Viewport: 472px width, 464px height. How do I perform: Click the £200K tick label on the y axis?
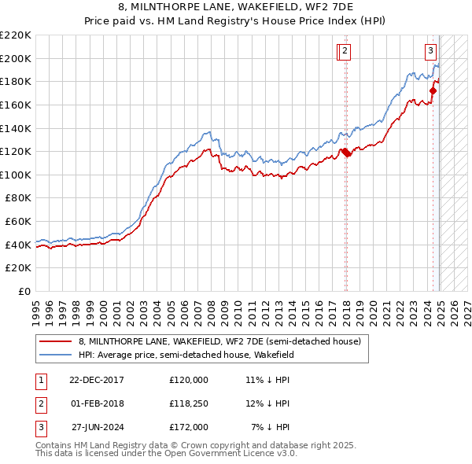[16, 58]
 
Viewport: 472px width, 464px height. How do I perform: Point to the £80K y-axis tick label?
[18, 198]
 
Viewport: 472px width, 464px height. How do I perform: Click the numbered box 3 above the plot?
[431, 52]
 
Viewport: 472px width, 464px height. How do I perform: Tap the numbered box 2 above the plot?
[346, 52]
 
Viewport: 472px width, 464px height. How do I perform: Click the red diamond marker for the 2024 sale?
[433, 91]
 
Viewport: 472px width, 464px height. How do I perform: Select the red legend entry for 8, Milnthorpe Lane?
[219, 341]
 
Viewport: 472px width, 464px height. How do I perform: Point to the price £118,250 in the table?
[189, 403]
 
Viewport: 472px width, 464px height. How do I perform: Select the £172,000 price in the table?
[189, 427]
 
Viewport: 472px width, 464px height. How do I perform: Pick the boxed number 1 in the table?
[41, 380]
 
